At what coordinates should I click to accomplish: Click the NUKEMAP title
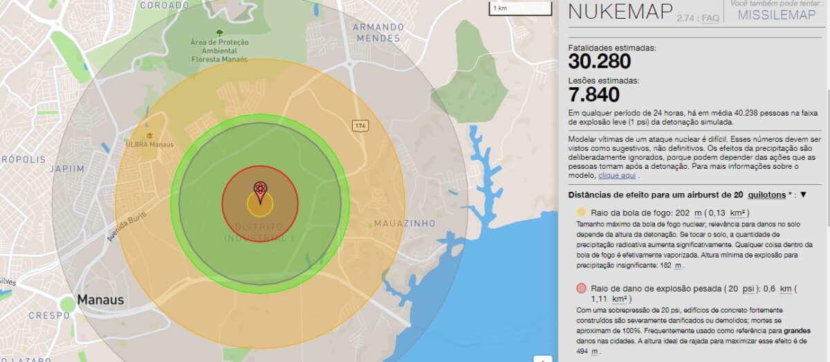(619, 12)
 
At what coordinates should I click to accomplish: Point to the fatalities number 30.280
(600, 62)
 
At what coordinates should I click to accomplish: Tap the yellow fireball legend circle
(581, 212)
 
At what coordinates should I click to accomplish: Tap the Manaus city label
(101, 300)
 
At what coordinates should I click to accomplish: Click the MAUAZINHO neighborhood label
(405, 224)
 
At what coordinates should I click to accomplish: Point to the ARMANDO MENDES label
(378, 32)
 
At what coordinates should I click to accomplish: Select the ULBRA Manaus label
(149, 144)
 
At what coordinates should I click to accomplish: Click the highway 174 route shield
(360, 126)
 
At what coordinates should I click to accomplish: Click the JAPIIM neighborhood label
(66, 168)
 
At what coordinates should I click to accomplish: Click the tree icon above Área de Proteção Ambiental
(219, 32)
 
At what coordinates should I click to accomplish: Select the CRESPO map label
(48, 316)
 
